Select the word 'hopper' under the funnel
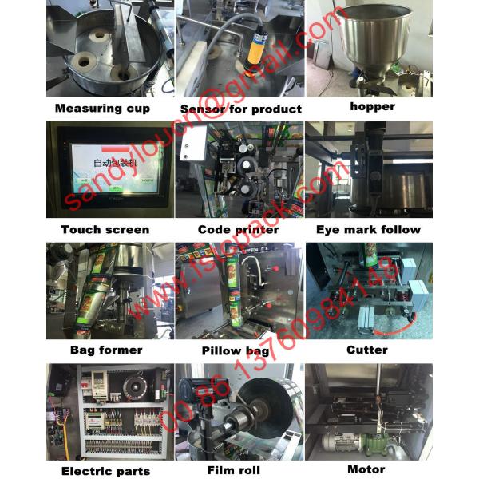click(x=372, y=105)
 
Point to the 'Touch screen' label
click(x=105, y=229)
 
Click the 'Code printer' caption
click(x=239, y=229)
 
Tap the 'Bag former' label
click(x=106, y=350)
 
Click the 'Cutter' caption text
click(x=367, y=350)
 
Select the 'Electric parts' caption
click(x=105, y=471)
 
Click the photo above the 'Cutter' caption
click(x=368, y=291)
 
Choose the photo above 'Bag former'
click(x=106, y=291)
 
